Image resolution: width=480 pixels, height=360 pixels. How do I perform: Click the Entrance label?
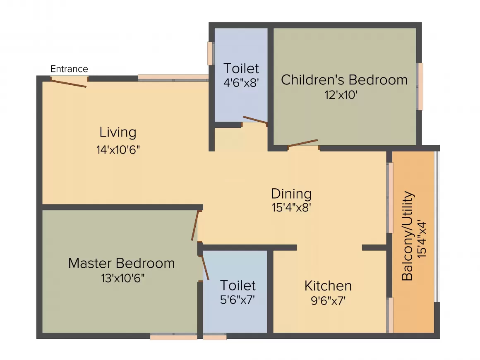coord(69,69)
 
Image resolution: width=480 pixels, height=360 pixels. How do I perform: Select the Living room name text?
coord(118,132)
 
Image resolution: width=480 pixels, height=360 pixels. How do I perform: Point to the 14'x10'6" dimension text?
coord(118,150)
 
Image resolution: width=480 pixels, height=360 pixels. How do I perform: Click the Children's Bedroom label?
coord(344,79)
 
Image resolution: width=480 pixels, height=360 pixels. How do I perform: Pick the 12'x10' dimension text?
coord(341,95)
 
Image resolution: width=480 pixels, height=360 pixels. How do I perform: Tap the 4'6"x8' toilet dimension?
coord(241,82)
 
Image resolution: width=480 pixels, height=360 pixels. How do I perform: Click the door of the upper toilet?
coord(255,120)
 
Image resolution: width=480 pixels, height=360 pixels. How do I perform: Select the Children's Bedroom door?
coord(303,143)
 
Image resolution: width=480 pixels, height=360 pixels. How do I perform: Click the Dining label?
coord(291,194)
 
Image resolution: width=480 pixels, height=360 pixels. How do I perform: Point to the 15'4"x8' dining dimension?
coord(291,208)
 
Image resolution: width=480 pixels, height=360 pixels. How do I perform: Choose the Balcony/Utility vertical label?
coord(408,236)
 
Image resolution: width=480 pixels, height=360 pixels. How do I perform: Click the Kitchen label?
coord(328,286)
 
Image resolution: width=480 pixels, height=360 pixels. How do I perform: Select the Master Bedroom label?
coord(121,263)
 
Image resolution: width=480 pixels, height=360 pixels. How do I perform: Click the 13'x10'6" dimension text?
coord(122,278)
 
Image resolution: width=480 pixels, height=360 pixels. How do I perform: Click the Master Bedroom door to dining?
coord(195,226)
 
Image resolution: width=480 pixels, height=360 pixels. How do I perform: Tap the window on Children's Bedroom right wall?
coord(420,86)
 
